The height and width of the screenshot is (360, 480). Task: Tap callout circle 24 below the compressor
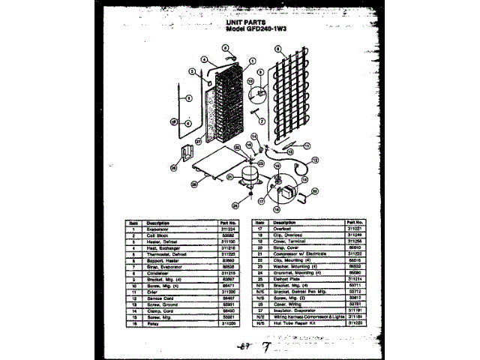[235, 205]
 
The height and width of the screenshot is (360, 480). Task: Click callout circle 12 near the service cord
[314, 159]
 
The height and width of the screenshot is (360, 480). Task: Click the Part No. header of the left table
[229, 223]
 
